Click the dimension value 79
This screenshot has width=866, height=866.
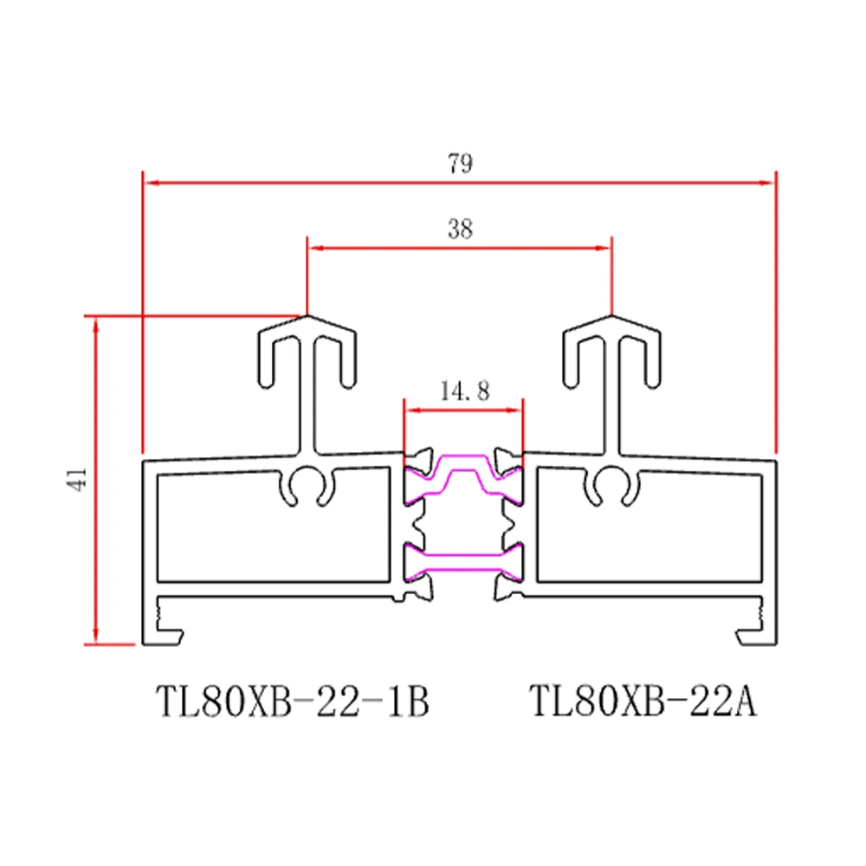(460, 164)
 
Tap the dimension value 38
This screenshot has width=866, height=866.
(460, 229)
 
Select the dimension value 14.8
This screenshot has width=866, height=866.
(464, 391)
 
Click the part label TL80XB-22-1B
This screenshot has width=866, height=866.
(292, 701)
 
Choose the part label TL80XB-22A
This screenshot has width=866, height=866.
(643, 701)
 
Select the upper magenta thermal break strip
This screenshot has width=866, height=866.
(463, 475)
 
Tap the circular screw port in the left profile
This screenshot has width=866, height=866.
(307, 486)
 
